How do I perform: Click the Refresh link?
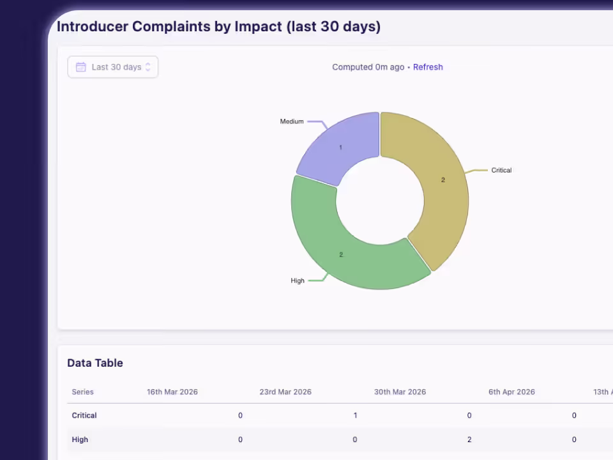[x=428, y=67]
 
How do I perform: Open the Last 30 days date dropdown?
[x=113, y=67]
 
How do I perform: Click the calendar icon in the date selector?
[x=81, y=67]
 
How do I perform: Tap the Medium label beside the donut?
[x=292, y=121]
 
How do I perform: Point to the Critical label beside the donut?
[x=501, y=170]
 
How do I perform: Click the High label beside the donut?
[x=298, y=280]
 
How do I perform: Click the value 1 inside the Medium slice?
[x=340, y=148]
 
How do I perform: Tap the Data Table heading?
[x=95, y=363]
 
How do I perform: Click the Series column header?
[x=82, y=392]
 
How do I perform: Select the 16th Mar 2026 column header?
[x=172, y=392]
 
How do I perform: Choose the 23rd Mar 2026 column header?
[x=285, y=392]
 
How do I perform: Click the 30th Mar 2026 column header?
[x=400, y=392]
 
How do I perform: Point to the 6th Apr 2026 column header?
[x=511, y=392]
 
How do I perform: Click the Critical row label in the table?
[x=84, y=415]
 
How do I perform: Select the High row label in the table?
[x=80, y=440]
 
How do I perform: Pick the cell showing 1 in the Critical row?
[x=355, y=415]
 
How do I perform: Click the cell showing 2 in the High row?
[x=469, y=440]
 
